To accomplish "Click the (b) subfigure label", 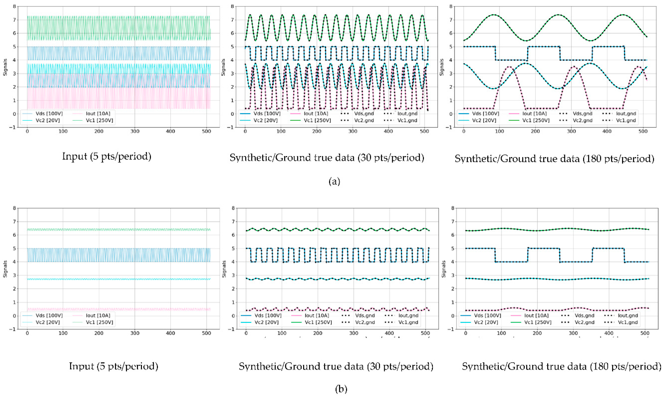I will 341,389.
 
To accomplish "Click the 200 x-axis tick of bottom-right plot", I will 537,333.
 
